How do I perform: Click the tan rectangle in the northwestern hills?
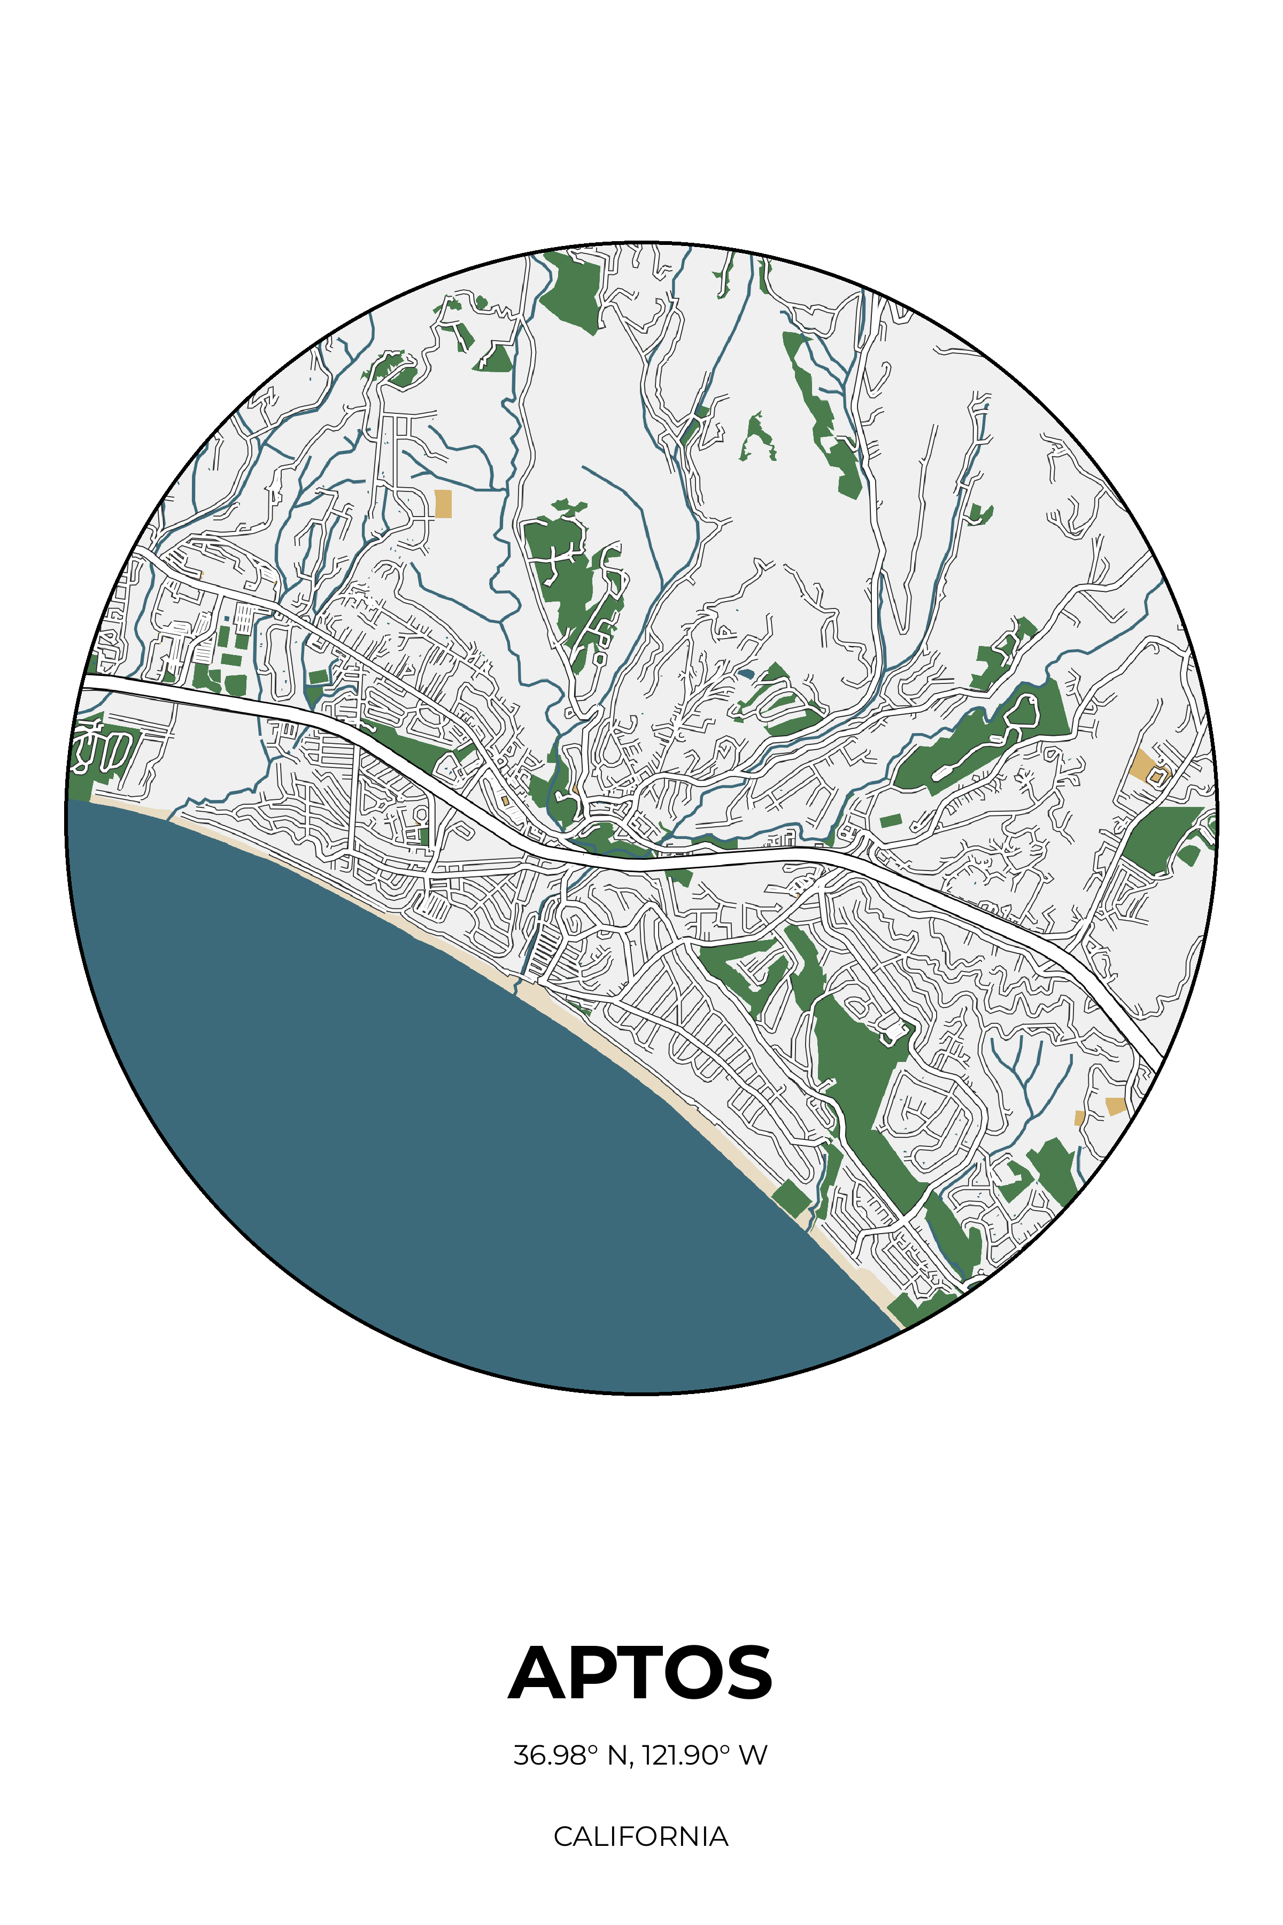pos(443,503)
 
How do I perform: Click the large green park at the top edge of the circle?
pos(574,290)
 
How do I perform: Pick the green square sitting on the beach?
pos(791,1198)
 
